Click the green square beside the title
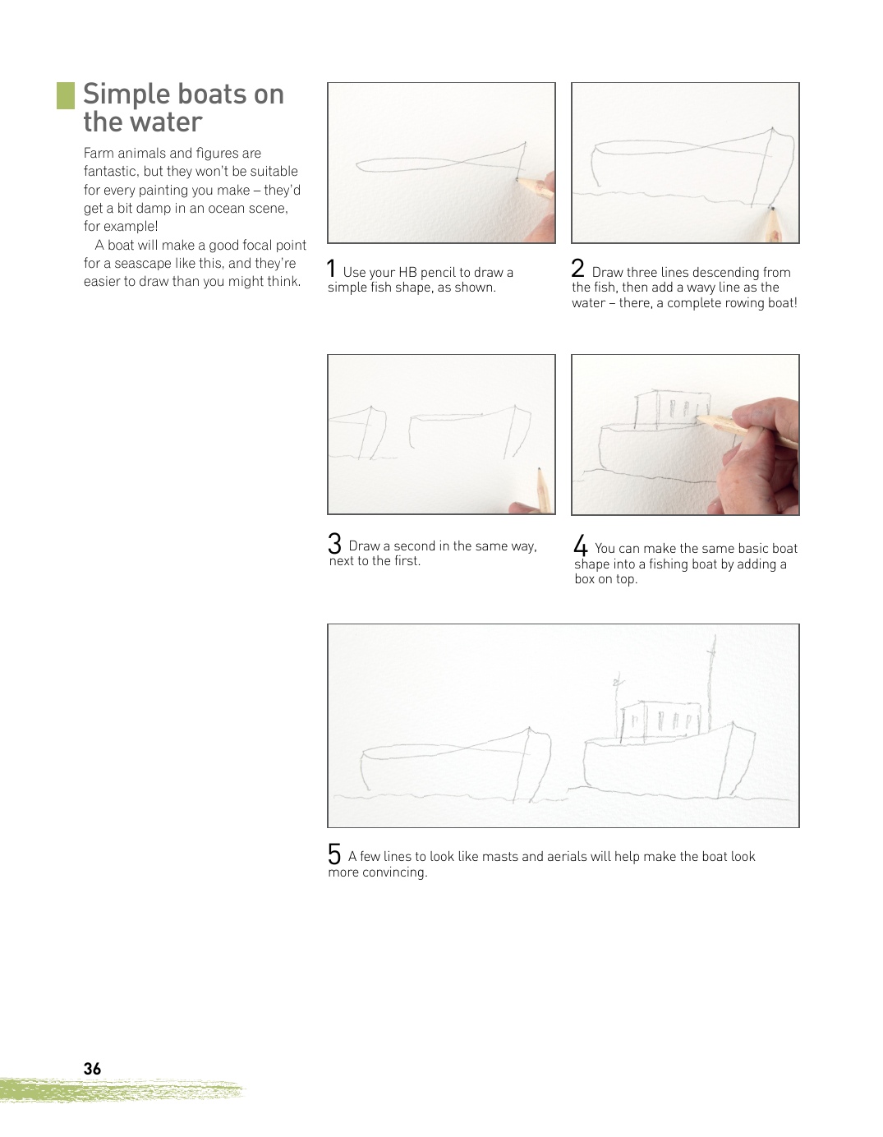pos(66,96)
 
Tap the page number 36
pos(92,1069)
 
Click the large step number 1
pos(331,269)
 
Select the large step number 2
pos(577,269)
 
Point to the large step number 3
pos(334,543)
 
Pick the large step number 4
pos(581,545)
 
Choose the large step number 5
pos(334,854)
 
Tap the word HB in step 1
pos(407,273)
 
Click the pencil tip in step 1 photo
pos(517,179)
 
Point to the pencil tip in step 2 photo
pos(771,208)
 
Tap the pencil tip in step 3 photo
pos(540,469)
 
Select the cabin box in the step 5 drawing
pos(660,721)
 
